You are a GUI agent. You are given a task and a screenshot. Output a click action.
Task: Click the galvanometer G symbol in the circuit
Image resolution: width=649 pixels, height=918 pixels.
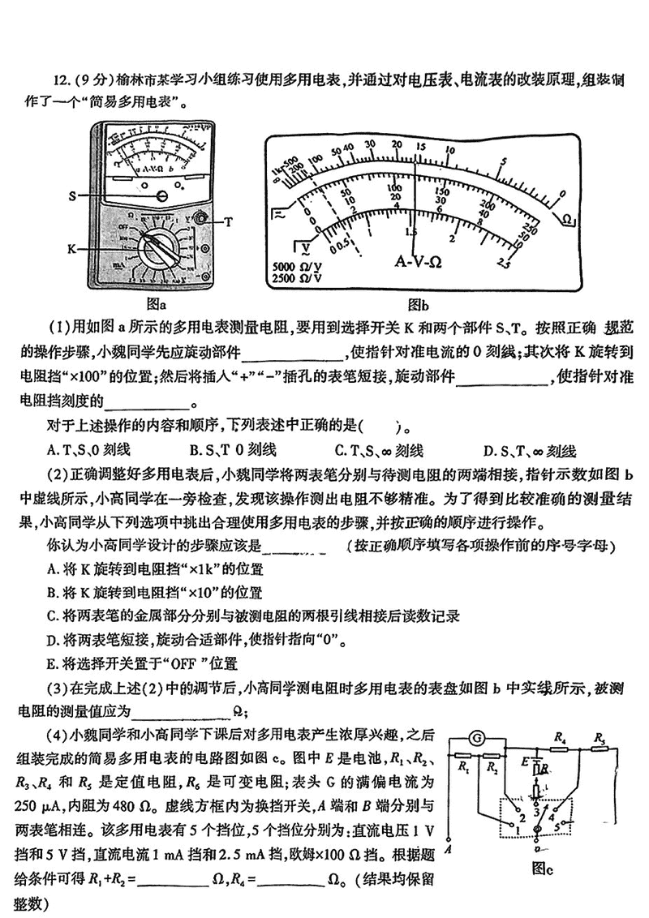pyautogui.click(x=479, y=738)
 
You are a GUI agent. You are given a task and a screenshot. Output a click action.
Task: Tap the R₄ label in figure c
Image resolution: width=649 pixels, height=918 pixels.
pyautogui.click(x=558, y=737)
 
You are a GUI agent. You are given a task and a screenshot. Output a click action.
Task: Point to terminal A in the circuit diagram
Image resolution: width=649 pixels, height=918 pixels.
pyautogui.click(x=448, y=845)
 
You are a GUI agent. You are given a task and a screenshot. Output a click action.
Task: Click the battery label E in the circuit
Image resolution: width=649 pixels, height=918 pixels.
pyautogui.click(x=526, y=762)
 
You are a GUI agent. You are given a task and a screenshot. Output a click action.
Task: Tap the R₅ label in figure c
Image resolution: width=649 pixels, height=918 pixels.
pyautogui.click(x=600, y=737)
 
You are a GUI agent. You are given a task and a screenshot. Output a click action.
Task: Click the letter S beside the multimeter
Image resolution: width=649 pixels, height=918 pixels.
pyautogui.click(x=72, y=195)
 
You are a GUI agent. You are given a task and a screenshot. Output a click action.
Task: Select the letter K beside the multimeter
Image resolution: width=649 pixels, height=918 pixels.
pyautogui.click(x=72, y=248)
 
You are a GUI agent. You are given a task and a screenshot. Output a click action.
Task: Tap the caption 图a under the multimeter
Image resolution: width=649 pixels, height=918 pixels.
pyautogui.click(x=156, y=305)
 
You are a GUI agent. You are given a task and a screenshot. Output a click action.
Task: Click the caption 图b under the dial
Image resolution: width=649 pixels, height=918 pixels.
pyautogui.click(x=419, y=305)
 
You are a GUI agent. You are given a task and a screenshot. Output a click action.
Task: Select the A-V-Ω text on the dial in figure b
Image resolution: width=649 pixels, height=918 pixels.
pyautogui.click(x=419, y=262)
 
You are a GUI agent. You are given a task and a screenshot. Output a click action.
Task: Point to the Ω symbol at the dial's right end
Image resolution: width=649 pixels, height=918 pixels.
pyautogui.click(x=569, y=220)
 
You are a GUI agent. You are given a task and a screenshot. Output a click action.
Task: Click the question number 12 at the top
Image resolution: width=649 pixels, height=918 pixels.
pyautogui.click(x=61, y=79)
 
